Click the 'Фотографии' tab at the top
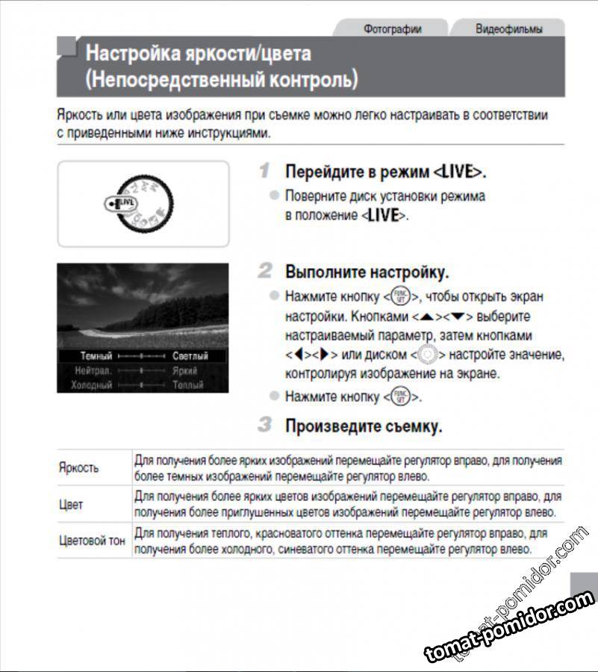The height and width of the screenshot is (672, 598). [392, 29]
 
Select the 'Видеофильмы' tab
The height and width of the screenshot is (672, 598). [508, 29]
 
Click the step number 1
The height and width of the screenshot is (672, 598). [264, 171]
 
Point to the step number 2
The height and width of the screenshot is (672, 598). [265, 270]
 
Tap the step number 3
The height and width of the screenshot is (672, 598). [264, 426]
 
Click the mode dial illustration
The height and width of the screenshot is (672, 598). [143, 203]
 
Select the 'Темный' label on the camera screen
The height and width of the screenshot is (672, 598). [96, 356]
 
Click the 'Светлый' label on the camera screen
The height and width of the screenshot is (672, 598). [190, 356]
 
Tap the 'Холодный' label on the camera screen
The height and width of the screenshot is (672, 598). [92, 385]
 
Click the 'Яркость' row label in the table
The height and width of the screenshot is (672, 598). [78, 467]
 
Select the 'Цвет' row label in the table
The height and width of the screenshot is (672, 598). [71, 504]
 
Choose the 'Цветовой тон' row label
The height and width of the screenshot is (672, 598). [92, 540]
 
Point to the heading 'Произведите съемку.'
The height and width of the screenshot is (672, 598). [364, 426]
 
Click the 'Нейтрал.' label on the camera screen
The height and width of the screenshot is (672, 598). [93, 370]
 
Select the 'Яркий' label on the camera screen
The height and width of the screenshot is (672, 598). [184, 370]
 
